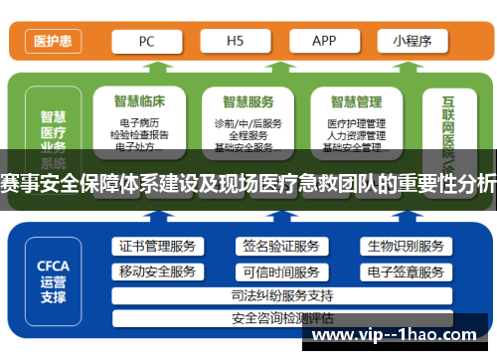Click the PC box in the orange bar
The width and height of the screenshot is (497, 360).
click(147, 41)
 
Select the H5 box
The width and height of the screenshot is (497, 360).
click(237, 41)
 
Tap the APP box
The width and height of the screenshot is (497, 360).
click(324, 41)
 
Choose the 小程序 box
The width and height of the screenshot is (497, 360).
click(411, 41)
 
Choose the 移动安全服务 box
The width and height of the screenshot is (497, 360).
click(157, 271)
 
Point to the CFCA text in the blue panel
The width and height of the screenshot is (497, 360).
click(52, 266)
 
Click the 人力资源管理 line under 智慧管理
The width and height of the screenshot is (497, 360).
click(356, 135)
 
